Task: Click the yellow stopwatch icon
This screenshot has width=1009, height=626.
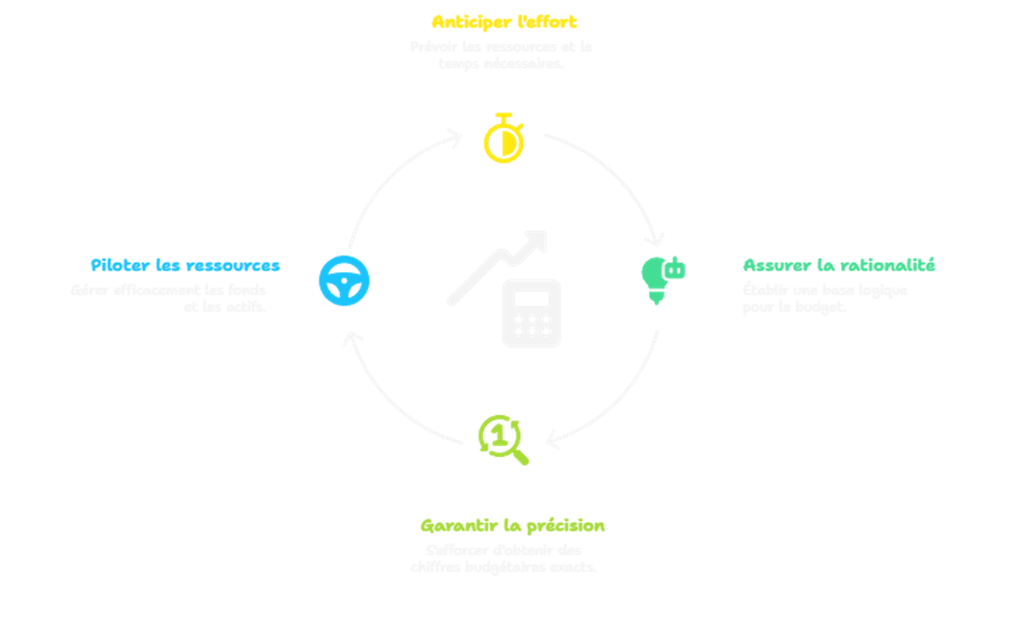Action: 504,139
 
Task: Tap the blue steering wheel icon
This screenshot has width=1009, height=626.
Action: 345,280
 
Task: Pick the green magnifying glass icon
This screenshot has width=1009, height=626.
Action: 502,438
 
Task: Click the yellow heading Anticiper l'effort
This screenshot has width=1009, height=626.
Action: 505,20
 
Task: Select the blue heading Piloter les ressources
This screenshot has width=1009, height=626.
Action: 186,266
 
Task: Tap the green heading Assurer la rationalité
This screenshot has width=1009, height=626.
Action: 839,266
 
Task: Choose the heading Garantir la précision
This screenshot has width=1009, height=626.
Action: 512,526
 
